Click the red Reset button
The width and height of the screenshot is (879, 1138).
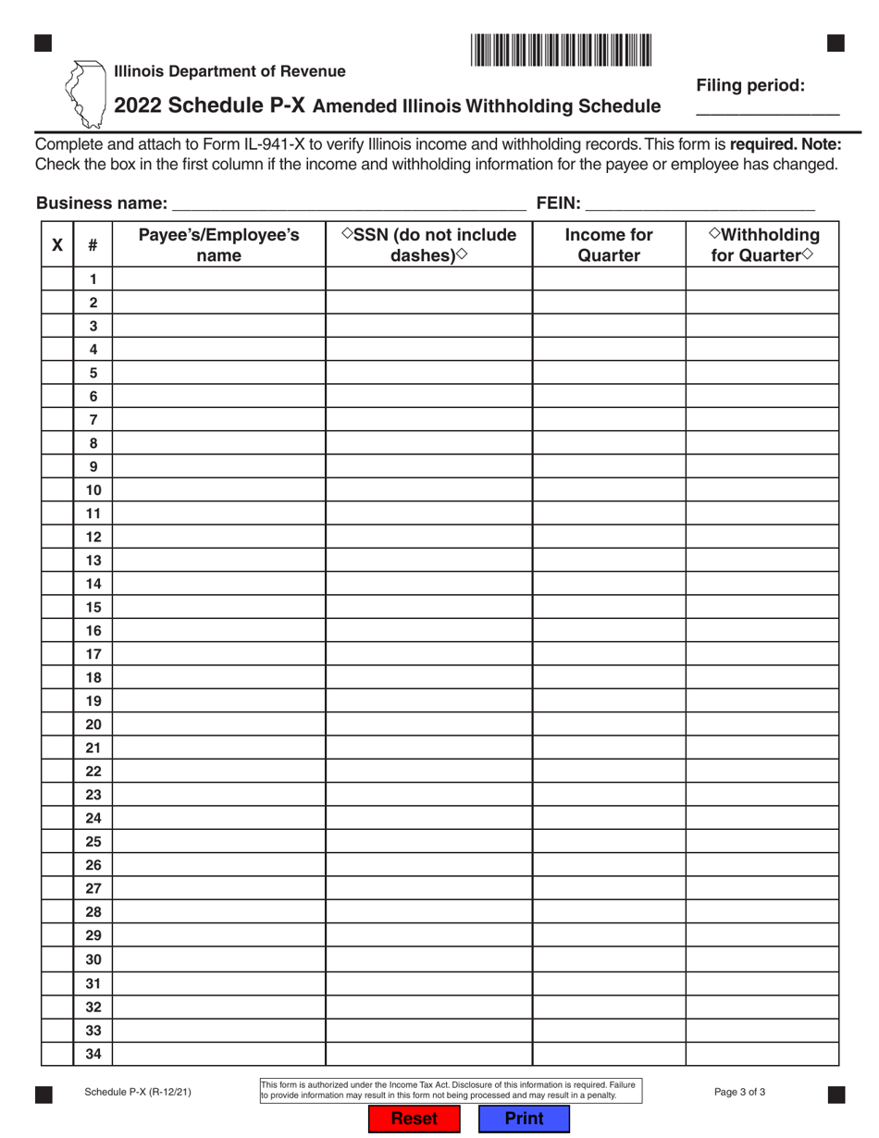[x=414, y=1119]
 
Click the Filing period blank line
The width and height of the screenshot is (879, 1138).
[x=767, y=108]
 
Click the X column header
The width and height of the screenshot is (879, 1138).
[x=57, y=245]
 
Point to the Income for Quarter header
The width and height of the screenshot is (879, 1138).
[x=609, y=245]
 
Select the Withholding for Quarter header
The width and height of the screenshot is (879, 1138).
[x=762, y=245]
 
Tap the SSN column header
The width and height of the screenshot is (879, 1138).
[x=428, y=245]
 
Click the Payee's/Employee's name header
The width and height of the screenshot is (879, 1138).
[x=218, y=245]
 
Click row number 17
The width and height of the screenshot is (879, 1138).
[x=93, y=654]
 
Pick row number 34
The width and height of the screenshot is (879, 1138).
[x=93, y=1054]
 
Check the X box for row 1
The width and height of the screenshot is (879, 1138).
[x=57, y=278]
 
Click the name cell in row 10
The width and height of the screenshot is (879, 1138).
[x=218, y=489]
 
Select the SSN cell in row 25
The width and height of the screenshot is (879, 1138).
[x=428, y=842]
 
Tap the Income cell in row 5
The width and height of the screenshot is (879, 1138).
[x=609, y=373]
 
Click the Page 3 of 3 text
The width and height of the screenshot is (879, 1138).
[x=740, y=1092]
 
